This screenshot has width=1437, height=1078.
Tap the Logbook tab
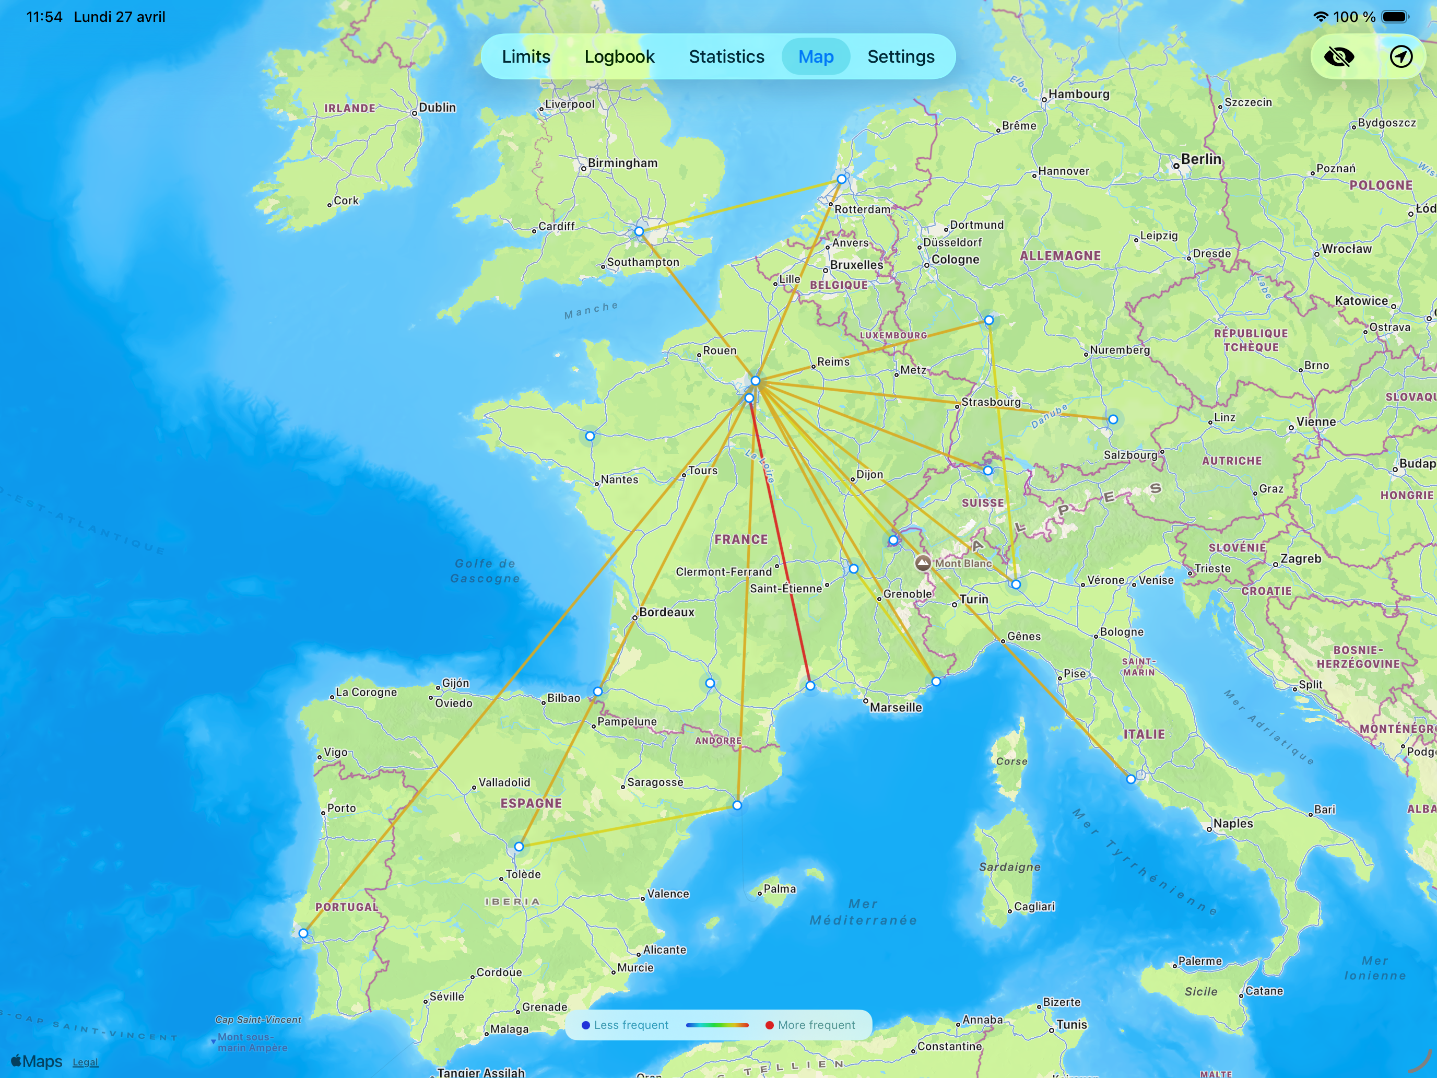[x=619, y=56]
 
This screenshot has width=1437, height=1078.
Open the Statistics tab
[x=726, y=56]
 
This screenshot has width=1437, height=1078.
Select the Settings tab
[x=900, y=56]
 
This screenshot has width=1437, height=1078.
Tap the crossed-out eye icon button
[x=1339, y=56]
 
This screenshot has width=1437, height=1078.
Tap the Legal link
[x=85, y=1062]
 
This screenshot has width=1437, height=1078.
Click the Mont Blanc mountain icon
[x=923, y=563]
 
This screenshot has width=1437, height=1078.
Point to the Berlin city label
[x=1200, y=159]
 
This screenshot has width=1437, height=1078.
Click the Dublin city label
[x=437, y=107]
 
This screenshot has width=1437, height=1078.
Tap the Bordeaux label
[x=666, y=612]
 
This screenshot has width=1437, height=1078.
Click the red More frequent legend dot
[x=769, y=1025]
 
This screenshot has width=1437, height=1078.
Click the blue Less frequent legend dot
[x=585, y=1025]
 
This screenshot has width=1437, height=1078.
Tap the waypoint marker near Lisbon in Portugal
[x=303, y=933]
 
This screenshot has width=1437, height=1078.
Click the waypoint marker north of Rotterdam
[x=841, y=179]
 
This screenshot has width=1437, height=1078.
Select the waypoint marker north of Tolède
[x=519, y=847]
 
